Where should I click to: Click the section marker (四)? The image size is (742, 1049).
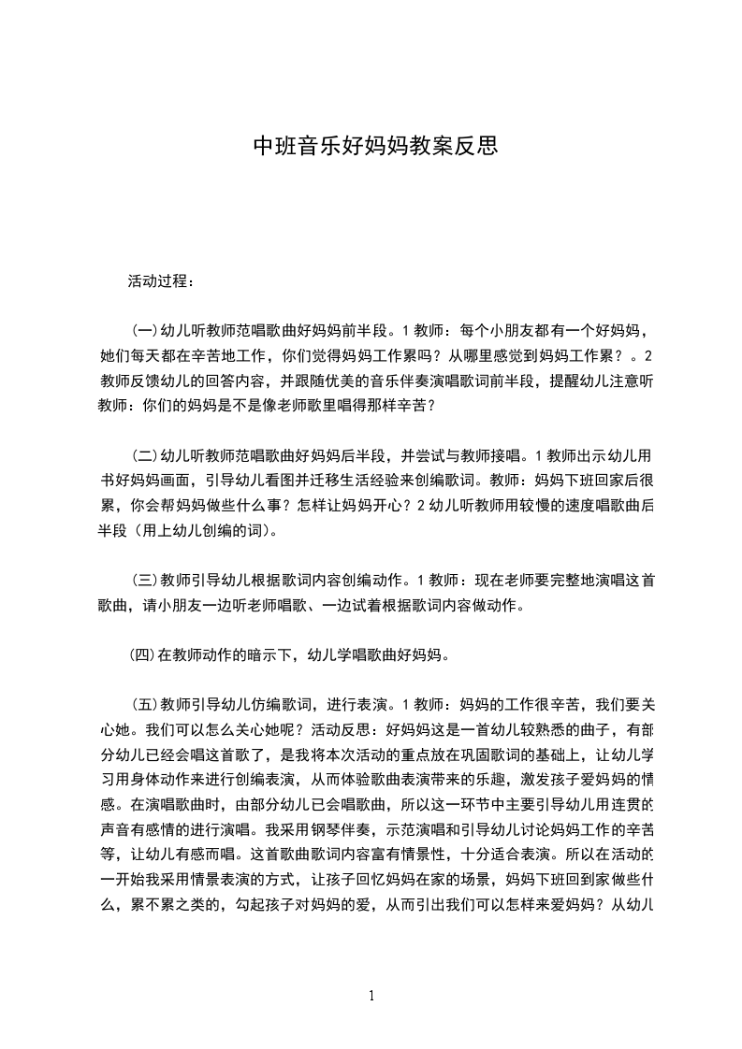(142, 655)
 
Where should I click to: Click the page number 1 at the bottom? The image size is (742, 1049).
(372, 995)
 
